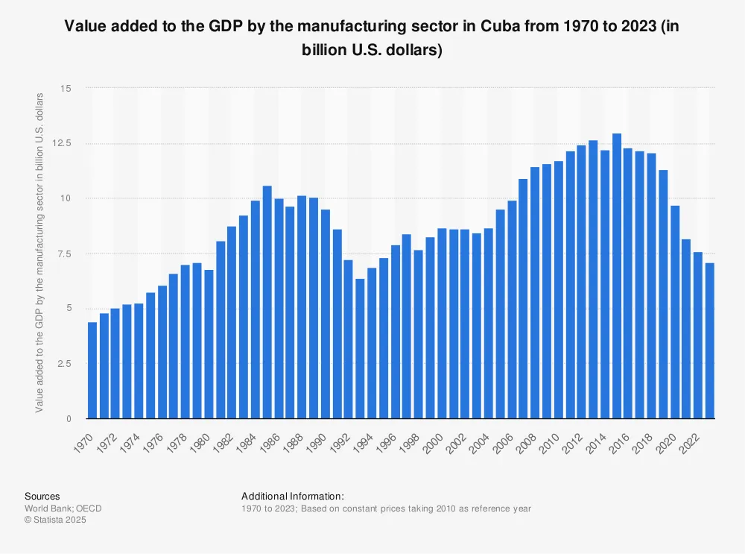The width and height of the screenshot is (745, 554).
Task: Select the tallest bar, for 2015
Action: pos(617,276)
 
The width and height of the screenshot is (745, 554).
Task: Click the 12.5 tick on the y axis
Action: pos(65,143)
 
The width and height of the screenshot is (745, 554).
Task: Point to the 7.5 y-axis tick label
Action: pos(68,254)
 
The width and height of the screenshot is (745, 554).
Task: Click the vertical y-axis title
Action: pos(40,254)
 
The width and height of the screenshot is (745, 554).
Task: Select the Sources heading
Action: pos(42,496)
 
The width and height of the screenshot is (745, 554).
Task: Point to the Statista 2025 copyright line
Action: pos(55,520)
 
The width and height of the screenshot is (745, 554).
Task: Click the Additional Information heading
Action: pos(293,496)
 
